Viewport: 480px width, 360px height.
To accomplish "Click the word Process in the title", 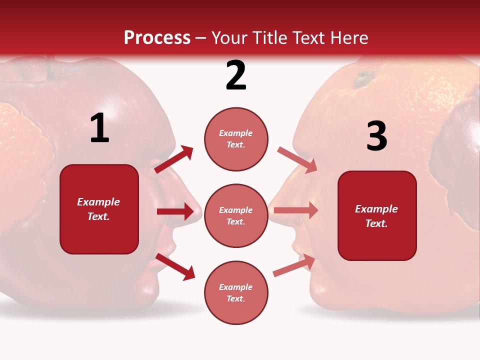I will click(157, 38).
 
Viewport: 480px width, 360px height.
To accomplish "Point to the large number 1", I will click(99, 128).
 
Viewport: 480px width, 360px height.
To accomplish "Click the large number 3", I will click(377, 136).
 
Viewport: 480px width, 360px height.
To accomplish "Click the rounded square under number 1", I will click(99, 209).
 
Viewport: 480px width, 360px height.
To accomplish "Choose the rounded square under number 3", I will click(377, 215).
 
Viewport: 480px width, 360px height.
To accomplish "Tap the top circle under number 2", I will click(236, 139).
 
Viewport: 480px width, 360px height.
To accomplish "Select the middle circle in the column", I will click(236, 215).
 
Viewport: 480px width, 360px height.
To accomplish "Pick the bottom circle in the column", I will click(236, 292).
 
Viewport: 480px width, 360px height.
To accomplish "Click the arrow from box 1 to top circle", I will click(174, 159).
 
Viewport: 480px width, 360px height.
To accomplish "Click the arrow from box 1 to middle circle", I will click(175, 211).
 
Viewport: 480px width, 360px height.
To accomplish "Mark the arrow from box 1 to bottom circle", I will click(175, 266).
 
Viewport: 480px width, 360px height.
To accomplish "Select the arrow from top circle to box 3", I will click(297, 160).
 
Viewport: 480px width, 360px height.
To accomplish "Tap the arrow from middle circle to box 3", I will click(295, 210).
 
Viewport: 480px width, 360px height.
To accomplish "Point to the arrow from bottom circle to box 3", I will click(294, 265).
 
